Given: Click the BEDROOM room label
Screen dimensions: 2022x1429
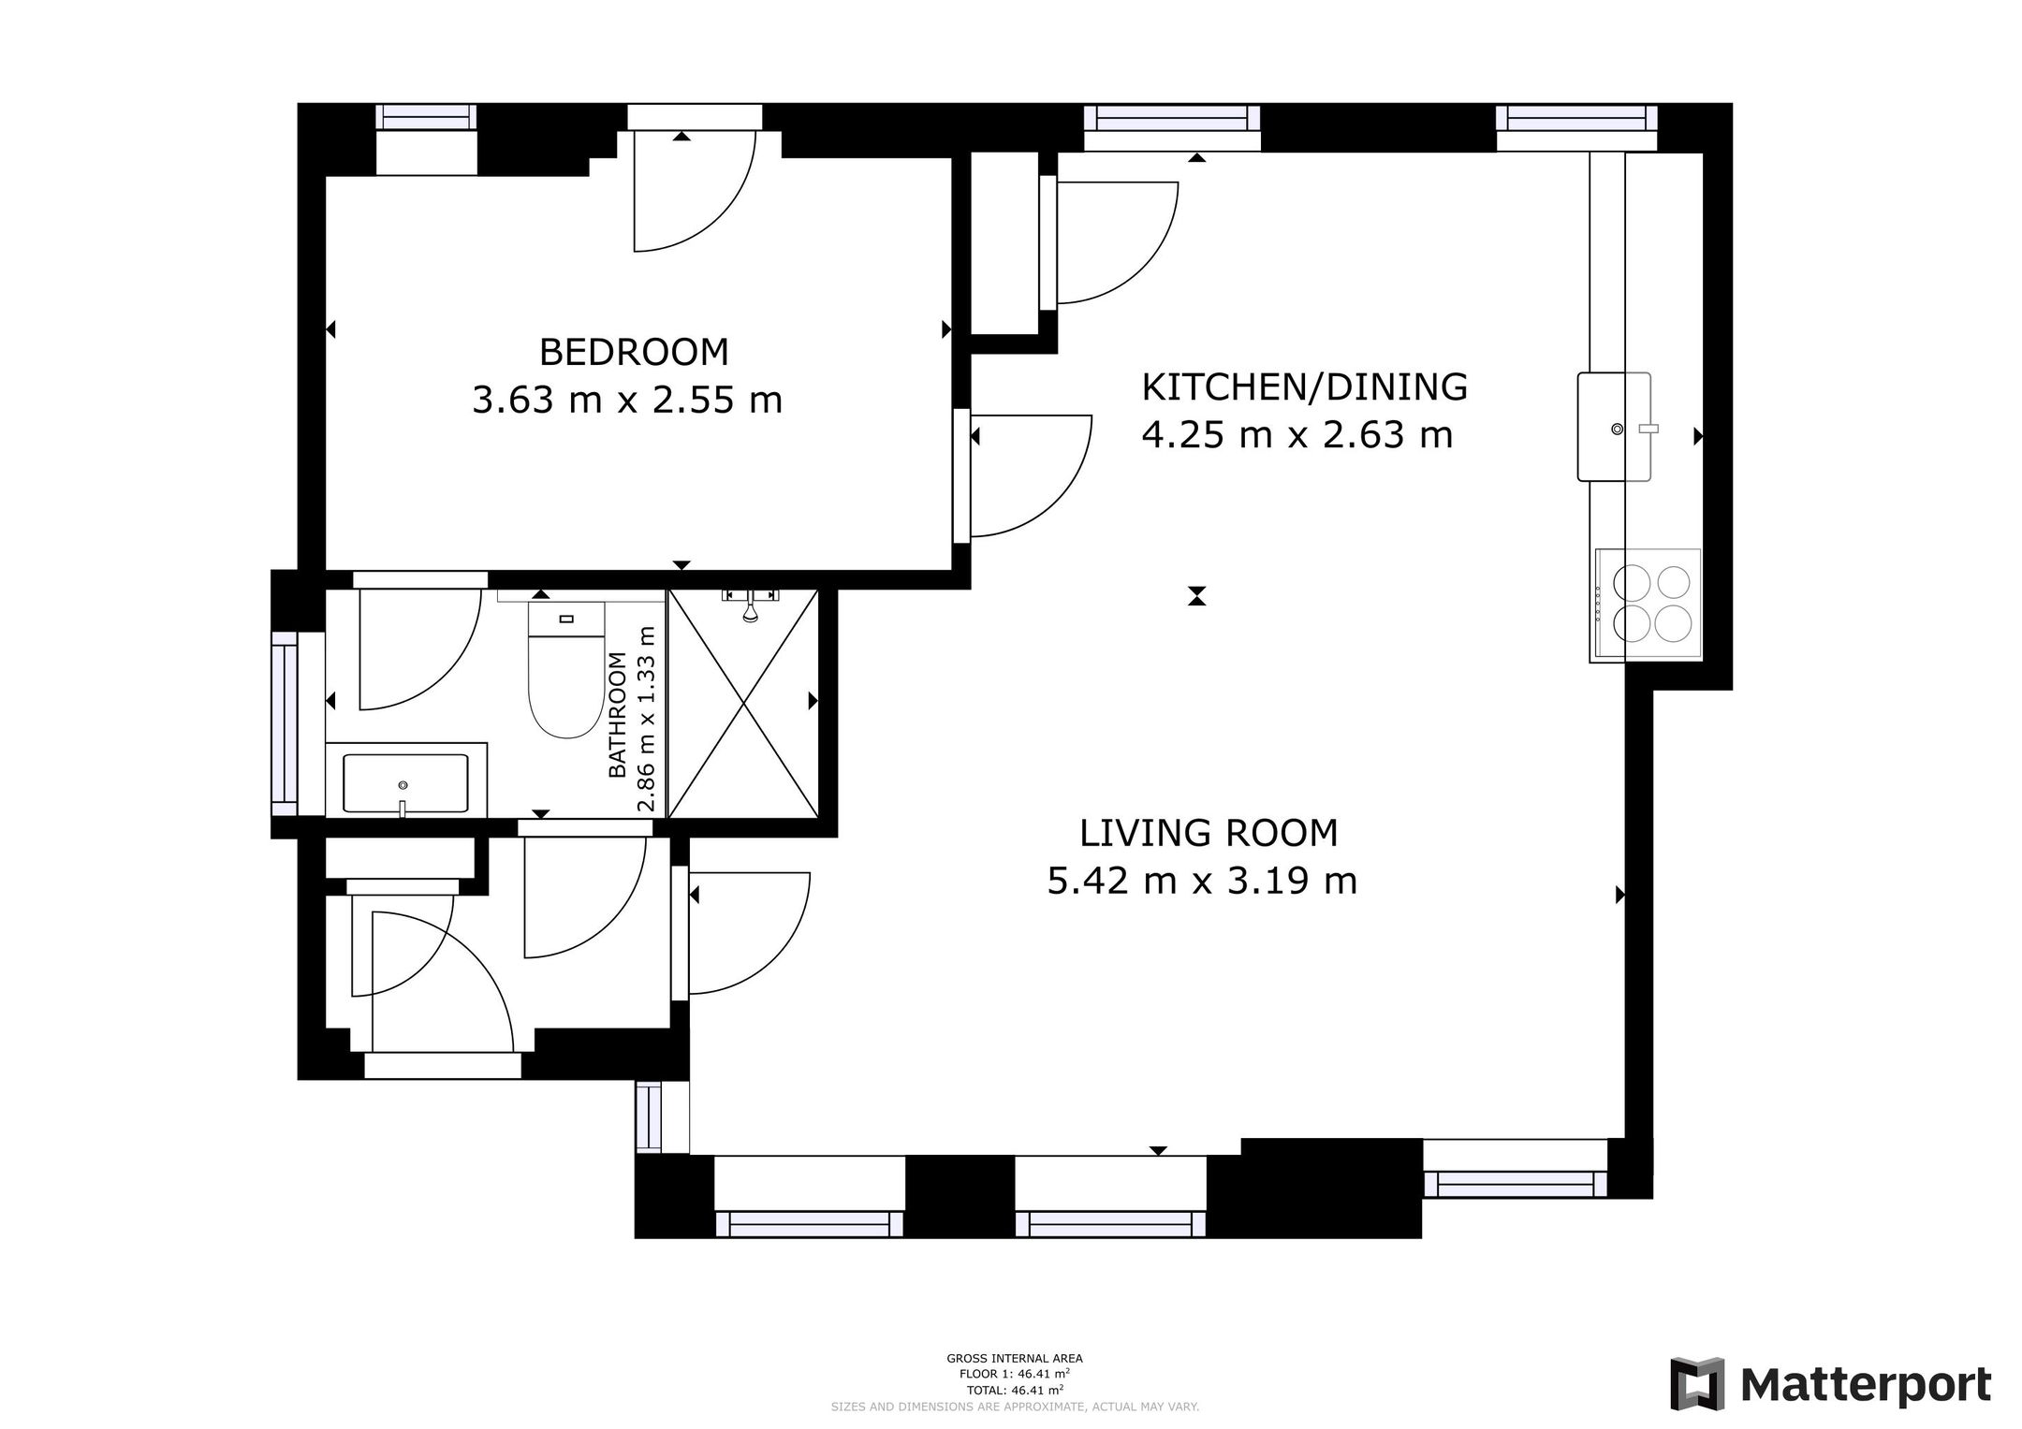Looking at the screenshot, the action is click(634, 352).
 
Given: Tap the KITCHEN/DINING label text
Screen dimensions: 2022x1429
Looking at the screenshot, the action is click(1304, 386).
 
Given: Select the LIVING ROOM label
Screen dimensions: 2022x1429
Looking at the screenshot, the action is click(1209, 833).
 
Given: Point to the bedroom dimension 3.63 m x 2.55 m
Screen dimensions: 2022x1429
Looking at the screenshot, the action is click(627, 401).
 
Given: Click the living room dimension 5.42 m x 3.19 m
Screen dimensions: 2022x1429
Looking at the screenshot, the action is click(1202, 882).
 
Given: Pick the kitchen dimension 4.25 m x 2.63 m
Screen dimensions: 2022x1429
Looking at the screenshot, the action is click(1297, 435).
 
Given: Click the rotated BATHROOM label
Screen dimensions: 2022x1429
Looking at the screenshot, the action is click(618, 714).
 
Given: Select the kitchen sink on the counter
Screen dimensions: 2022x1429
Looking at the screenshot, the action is click(1614, 427).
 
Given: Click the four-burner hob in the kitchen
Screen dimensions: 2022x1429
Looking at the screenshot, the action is click(1648, 605).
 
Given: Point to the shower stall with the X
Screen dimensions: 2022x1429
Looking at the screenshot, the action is click(743, 703).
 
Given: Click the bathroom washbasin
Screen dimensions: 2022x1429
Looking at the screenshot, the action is click(405, 783).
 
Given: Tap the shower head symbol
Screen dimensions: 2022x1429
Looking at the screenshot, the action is click(750, 605).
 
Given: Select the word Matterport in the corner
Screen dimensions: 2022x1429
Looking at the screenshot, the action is click(1867, 1384).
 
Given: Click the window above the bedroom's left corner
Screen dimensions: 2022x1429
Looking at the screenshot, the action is click(426, 117).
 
